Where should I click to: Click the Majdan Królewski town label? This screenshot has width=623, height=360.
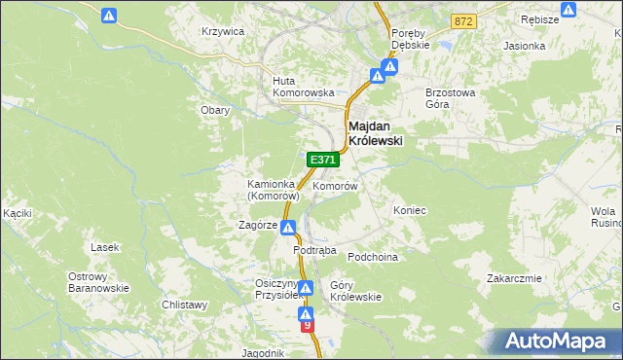(x=375, y=132)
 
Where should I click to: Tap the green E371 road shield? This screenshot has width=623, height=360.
(x=322, y=159)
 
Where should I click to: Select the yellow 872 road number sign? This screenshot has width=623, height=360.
(x=463, y=20)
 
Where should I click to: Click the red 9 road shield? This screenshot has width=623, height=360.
(x=308, y=327)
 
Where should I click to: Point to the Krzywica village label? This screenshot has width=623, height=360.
(x=222, y=31)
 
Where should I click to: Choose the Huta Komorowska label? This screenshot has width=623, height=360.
(x=297, y=87)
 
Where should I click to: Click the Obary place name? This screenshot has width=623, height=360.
(x=215, y=110)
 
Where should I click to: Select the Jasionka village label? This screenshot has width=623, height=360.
(x=523, y=46)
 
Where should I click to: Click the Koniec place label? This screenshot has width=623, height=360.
(x=410, y=210)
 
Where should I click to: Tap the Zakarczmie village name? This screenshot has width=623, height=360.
(x=514, y=278)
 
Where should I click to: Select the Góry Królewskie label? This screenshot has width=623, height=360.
(x=355, y=291)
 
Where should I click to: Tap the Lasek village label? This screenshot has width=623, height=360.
(x=104, y=247)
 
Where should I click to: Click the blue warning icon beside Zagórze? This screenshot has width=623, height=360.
(x=289, y=228)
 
